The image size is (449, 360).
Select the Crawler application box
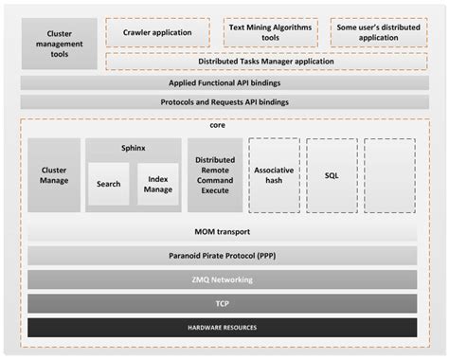pyautogui.click(x=157, y=33)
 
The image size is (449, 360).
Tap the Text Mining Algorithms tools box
pyautogui.click(x=270, y=33)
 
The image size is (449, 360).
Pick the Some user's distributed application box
pyautogui.click(x=377, y=33)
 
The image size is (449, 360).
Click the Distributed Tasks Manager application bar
pyautogui.click(x=265, y=62)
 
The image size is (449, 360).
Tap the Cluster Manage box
pyautogui.click(x=54, y=175)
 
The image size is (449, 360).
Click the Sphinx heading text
pyautogui.click(x=133, y=149)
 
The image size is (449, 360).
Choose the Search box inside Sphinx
pyautogui.click(x=109, y=184)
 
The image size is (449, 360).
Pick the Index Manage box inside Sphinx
pyautogui.click(x=157, y=184)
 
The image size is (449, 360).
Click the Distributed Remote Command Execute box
pyautogui.click(x=215, y=175)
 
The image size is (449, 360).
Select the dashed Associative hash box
pyautogui.click(x=274, y=175)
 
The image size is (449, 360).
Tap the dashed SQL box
pyautogui.click(x=332, y=175)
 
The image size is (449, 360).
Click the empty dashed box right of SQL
pyautogui.click(x=389, y=175)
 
